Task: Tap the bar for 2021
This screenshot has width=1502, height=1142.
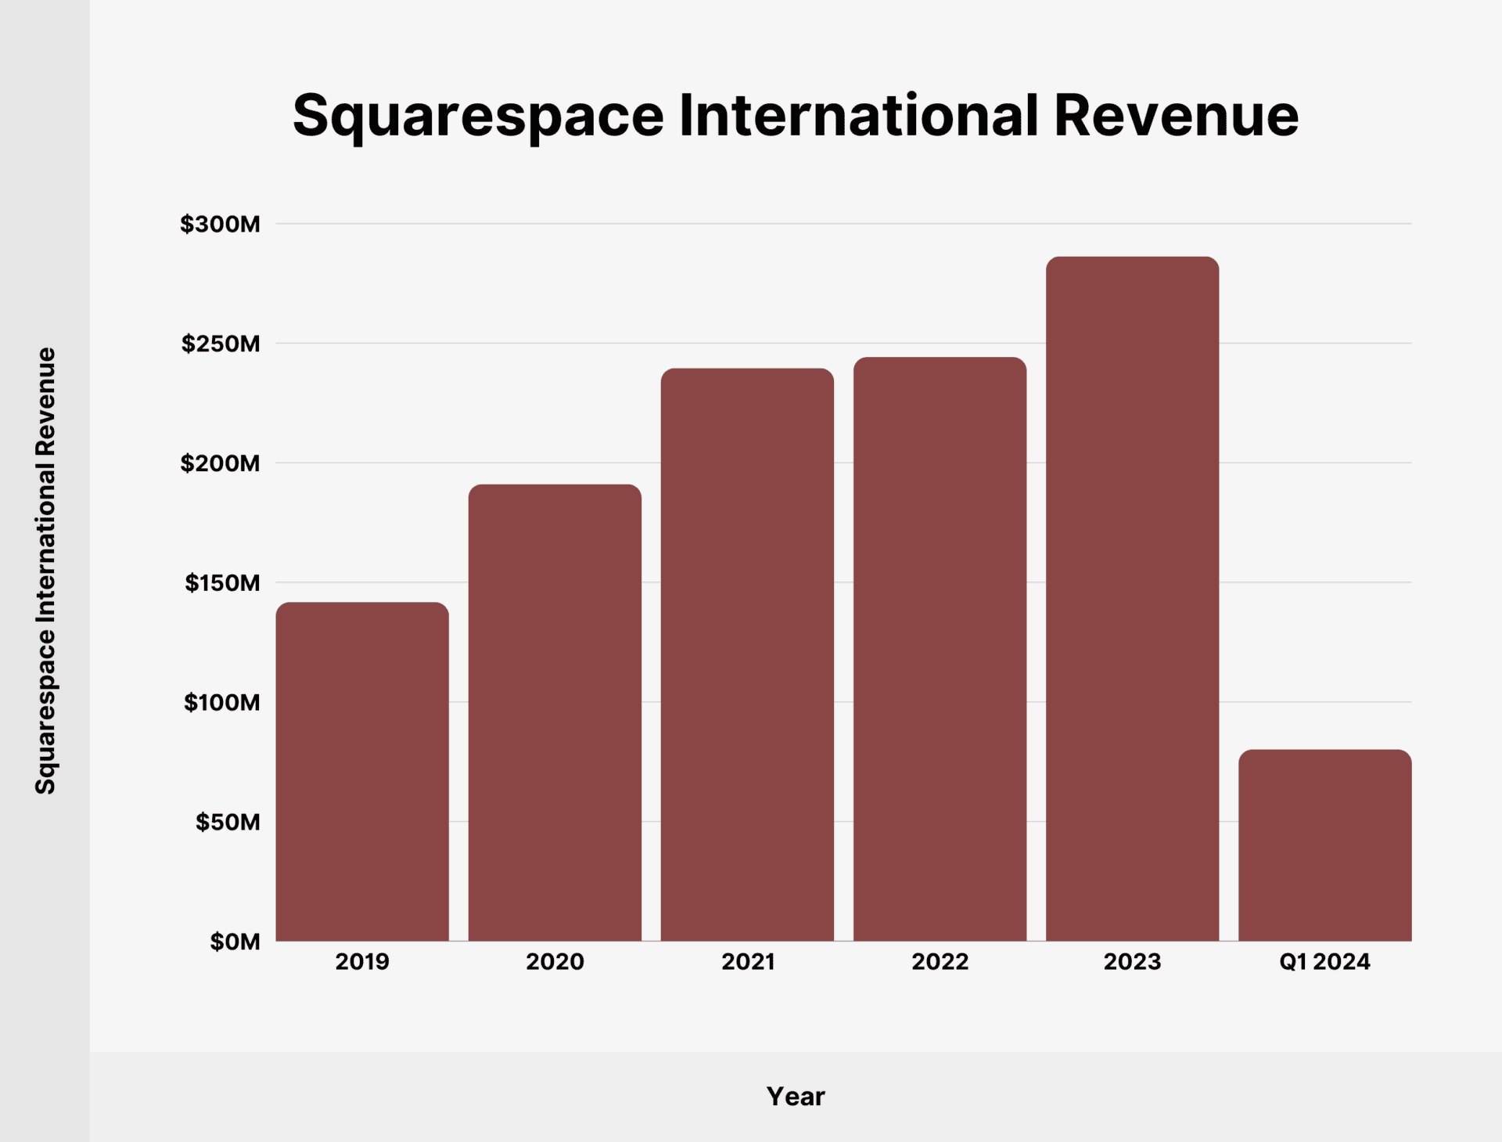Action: pyautogui.click(x=747, y=654)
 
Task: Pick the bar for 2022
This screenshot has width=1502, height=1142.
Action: pyautogui.click(x=940, y=649)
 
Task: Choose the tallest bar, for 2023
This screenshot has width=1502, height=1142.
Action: pyautogui.click(x=1132, y=599)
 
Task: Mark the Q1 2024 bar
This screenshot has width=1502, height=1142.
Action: pyautogui.click(x=1324, y=845)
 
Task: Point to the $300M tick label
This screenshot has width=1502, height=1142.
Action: pyautogui.click(x=220, y=224)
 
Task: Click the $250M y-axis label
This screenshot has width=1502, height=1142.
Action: pyautogui.click(x=221, y=344)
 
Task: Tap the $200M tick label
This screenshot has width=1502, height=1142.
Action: pyautogui.click(x=220, y=463)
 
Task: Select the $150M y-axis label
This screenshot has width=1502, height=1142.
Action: pyautogui.click(x=222, y=583)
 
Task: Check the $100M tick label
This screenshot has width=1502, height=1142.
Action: pyautogui.click(x=221, y=702)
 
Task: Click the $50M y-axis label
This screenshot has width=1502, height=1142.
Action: pyautogui.click(x=228, y=822)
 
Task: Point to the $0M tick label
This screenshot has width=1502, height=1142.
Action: pyautogui.click(x=235, y=942)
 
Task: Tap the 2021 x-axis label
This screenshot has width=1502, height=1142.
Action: pyautogui.click(x=748, y=961)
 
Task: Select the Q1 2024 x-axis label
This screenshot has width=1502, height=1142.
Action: pyautogui.click(x=1324, y=961)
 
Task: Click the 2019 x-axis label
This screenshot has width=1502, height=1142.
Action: pyautogui.click(x=362, y=961)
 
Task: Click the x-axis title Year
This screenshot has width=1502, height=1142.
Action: pyautogui.click(x=795, y=1096)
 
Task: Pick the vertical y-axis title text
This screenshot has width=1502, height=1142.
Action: pyautogui.click(x=45, y=571)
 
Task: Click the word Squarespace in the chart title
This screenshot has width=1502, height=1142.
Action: pyautogui.click(x=478, y=116)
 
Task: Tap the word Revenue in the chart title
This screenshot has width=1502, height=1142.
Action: pyautogui.click(x=1176, y=116)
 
